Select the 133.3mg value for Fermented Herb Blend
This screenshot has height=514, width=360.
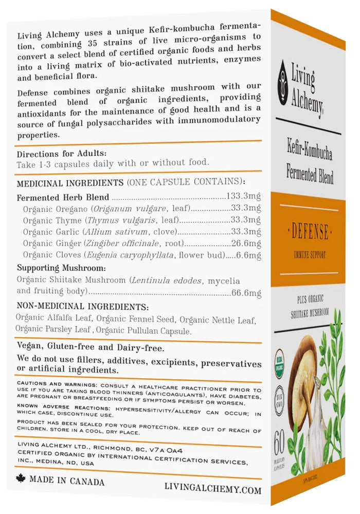[x=244, y=196]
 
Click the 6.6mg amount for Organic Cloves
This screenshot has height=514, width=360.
[x=249, y=255]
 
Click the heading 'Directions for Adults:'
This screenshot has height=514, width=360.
[x=62, y=153]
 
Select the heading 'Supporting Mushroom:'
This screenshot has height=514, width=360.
[x=62, y=268]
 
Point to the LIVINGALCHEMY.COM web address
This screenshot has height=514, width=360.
[x=213, y=489]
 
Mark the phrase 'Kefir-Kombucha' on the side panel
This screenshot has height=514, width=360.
[x=310, y=153]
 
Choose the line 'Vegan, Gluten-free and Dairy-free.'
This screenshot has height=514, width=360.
[x=91, y=347]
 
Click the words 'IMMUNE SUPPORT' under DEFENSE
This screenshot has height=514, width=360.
[x=310, y=255]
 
